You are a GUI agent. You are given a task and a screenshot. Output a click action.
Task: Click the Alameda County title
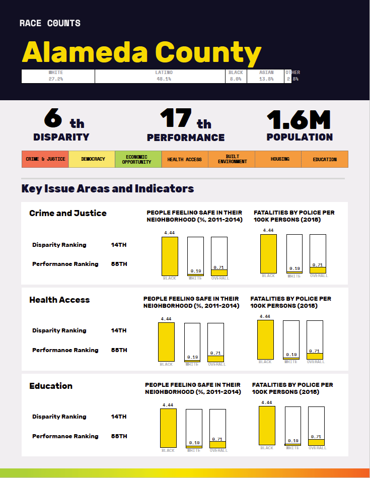[x=141, y=52]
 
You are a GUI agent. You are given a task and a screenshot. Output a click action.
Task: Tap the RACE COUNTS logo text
[x=50, y=23]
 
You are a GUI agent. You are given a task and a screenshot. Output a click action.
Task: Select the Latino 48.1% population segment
[x=161, y=76]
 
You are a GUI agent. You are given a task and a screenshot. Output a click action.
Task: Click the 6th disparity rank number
[x=54, y=119]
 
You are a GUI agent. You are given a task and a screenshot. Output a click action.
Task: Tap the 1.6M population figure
[x=299, y=119]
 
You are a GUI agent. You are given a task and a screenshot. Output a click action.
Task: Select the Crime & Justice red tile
[x=45, y=159]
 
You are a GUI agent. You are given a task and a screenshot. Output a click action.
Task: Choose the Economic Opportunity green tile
[x=138, y=159]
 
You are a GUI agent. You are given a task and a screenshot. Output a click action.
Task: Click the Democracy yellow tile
[x=92, y=159]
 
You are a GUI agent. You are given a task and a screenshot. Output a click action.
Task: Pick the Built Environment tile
[x=232, y=159]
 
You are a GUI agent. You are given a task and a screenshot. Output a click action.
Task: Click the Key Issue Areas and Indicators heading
[x=108, y=189]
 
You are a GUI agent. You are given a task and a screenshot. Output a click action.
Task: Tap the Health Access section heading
[x=59, y=300]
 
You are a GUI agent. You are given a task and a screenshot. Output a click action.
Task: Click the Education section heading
[x=51, y=386]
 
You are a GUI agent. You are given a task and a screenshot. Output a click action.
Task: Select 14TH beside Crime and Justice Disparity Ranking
[x=119, y=245]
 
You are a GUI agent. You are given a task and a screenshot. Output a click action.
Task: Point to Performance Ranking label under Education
[x=65, y=436]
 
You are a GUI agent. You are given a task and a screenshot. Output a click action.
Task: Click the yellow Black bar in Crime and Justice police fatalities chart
[x=268, y=253]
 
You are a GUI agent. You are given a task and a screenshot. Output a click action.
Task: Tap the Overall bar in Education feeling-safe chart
[x=217, y=428]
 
